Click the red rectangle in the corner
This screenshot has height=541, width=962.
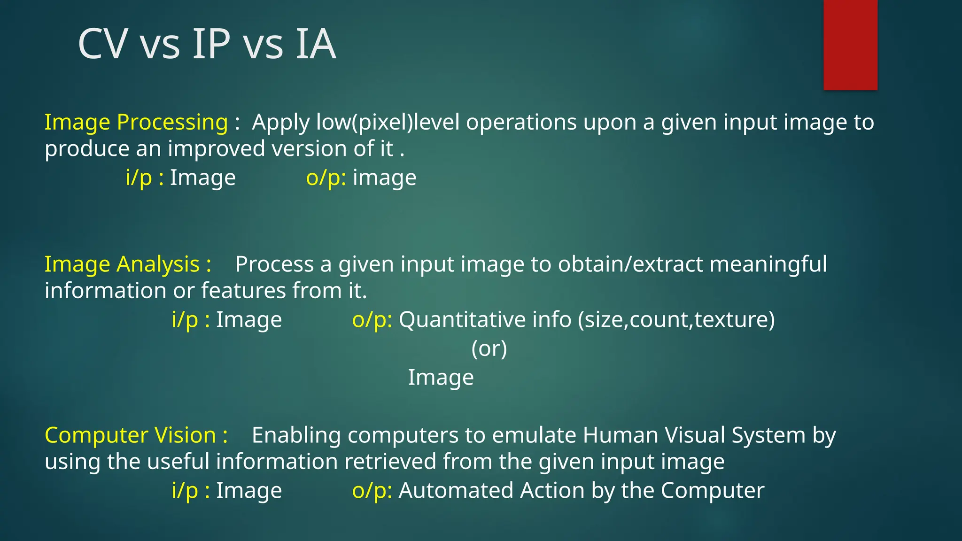[850, 45]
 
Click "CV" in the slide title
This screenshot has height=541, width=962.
[103, 44]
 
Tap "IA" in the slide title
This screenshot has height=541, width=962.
[316, 44]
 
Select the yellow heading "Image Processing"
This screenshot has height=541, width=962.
[136, 122]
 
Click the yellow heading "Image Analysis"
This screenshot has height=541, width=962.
[122, 264]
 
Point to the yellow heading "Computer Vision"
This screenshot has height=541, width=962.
[130, 435]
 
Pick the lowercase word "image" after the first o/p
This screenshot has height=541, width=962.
[384, 178]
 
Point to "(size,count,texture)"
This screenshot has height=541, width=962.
[676, 320]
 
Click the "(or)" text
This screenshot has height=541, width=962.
[489, 348]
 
